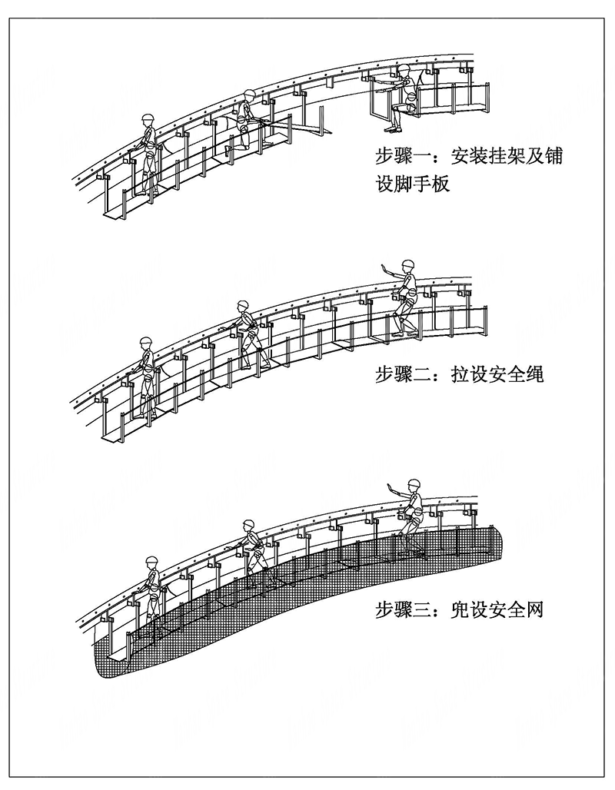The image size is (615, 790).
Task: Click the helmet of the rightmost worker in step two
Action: pyautogui.click(x=407, y=264)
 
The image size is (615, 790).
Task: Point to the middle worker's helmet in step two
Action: pyautogui.click(x=244, y=305)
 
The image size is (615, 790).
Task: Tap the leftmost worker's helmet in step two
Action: pyautogui.click(x=145, y=343)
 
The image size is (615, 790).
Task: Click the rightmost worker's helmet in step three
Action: pyautogui.click(x=414, y=484)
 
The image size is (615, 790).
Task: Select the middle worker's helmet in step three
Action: pyautogui.click(x=248, y=524)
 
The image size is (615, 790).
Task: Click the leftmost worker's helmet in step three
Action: pyautogui.click(x=152, y=561)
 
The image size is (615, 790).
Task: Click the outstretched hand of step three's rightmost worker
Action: pyautogui.click(x=390, y=486)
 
